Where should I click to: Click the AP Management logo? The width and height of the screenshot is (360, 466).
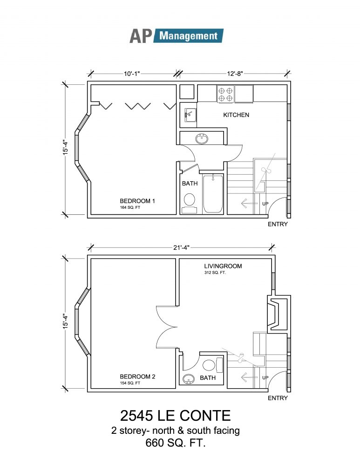[176, 36]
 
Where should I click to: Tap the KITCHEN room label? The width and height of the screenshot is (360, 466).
[236, 115]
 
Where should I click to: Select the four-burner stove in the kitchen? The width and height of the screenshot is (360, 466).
[225, 94]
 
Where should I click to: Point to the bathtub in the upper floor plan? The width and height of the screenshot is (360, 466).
[213, 193]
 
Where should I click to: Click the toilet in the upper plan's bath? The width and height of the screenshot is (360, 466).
[189, 203]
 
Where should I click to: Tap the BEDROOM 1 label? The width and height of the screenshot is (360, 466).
[137, 201]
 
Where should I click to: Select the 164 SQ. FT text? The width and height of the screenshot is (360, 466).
[130, 207]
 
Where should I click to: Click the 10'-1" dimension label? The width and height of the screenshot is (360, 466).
[132, 74]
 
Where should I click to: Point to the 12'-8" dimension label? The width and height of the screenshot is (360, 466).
[235, 74]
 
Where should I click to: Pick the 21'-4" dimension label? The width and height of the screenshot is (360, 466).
[181, 247]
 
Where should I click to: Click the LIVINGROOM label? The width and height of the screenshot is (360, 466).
[223, 266]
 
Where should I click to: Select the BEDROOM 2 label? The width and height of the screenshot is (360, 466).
[137, 377]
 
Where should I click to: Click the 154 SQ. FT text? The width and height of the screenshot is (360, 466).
[130, 383]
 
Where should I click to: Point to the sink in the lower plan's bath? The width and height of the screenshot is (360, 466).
[189, 379]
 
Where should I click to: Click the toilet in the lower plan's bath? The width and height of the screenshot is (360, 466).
[212, 365]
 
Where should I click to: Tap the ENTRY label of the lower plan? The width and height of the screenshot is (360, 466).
[278, 398]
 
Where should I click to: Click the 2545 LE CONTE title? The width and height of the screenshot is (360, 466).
[176, 416]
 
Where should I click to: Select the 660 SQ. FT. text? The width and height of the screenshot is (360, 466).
[176, 443]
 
